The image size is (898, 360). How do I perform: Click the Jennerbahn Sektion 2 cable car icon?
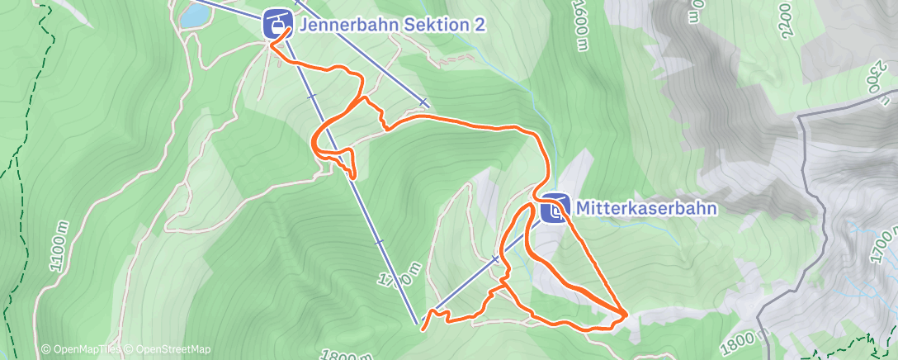(x=276, y=23)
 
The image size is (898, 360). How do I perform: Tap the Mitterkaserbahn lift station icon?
(x=554, y=209)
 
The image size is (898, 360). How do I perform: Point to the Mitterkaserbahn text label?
(x=646, y=209)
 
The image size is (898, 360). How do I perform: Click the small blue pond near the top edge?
(x=194, y=14)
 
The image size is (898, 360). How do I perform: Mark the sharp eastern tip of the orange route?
(x=626, y=314)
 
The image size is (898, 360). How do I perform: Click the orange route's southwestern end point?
(x=423, y=329)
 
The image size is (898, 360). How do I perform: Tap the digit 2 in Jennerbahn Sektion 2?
(x=480, y=25)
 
